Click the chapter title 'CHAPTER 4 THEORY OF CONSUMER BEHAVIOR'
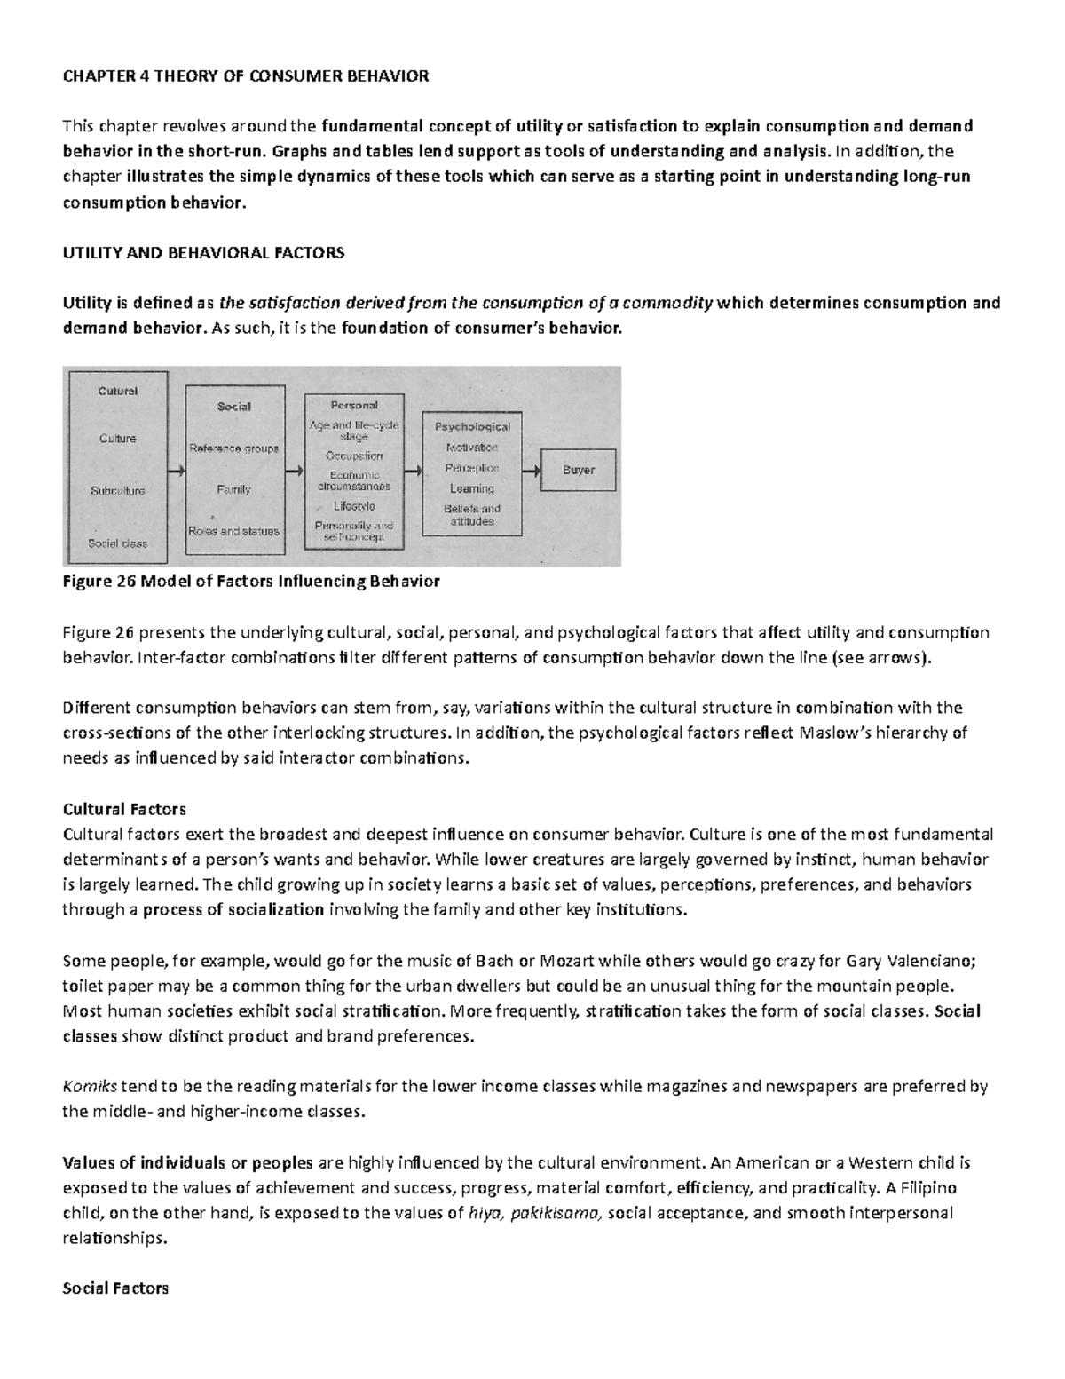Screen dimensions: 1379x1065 coord(245,75)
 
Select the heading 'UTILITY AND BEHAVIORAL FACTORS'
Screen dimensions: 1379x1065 coord(202,252)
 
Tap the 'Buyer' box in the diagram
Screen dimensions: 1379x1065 coord(579,471)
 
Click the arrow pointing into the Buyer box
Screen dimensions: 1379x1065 coord(531,472)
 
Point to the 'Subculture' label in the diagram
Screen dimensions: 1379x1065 coord(117,491)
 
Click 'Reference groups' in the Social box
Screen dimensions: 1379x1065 coord(234,448)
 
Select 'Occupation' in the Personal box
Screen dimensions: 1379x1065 coord(354,456)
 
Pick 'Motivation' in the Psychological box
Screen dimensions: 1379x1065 coord(471,448)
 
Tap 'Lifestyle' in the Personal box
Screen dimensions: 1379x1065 coord(354,506)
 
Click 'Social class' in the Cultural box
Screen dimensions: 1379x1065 coord(117,543)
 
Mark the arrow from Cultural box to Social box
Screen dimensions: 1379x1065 coord(177,472)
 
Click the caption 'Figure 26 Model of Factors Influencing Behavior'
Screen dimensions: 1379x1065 coord(250,582)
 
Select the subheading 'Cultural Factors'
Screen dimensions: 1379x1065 coord(123,809)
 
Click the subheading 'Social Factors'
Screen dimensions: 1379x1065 coord(115,1288)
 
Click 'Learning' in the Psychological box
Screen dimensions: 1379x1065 coord(471,488)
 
